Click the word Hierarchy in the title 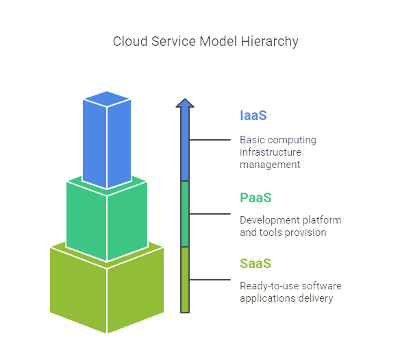pos(269,42)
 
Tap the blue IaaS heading pos(253,115)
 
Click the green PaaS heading pos(256,198)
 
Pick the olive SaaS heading pos(256,264)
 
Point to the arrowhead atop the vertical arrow pos(185,103)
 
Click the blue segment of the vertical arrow pos(185,144)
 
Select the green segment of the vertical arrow pos(185,214)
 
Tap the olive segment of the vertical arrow pos(185,280)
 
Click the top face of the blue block pos(107,99)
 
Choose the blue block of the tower pos(107,140)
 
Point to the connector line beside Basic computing pos(210,140)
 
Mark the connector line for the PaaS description pos(210,214)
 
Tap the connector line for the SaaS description pos(210,280)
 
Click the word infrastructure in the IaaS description pos(271,152)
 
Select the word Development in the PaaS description pos(266,220)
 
